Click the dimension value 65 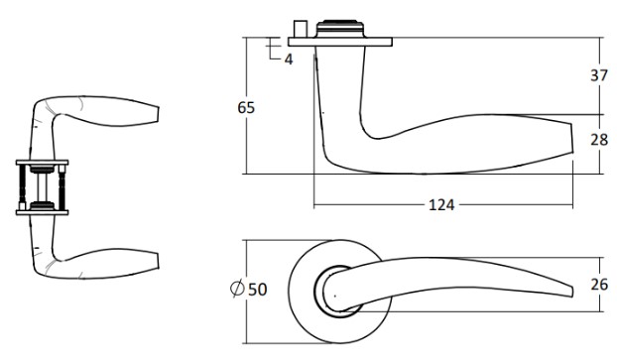246,107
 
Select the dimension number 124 441,205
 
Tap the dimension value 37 599,74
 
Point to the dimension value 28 599,140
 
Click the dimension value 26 599,285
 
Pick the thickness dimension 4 289,60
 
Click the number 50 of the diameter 258,290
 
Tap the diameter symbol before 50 237,290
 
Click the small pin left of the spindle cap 300,29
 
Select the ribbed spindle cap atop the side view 340,29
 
